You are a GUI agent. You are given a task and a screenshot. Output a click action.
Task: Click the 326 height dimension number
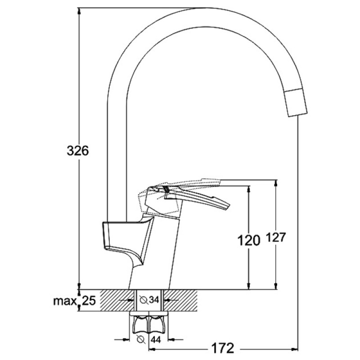77,151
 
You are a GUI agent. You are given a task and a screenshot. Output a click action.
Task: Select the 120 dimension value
249,241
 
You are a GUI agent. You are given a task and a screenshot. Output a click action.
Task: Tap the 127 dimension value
276,238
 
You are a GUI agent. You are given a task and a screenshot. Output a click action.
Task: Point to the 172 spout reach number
223,348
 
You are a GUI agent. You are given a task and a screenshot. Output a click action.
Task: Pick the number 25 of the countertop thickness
89,301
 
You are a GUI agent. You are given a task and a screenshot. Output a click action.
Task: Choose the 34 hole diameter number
154,300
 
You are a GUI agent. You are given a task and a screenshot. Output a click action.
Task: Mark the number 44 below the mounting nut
156,339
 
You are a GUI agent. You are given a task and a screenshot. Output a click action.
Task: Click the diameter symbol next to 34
144,300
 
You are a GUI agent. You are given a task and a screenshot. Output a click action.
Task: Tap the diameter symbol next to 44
140,339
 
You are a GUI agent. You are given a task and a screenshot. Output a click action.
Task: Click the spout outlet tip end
298,115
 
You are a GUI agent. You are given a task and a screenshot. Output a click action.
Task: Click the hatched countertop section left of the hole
117,300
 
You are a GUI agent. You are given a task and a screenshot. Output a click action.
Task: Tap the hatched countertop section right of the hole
180,300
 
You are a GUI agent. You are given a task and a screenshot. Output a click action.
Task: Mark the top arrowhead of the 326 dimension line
79,12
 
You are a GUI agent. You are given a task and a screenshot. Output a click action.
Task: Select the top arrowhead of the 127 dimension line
276,183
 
